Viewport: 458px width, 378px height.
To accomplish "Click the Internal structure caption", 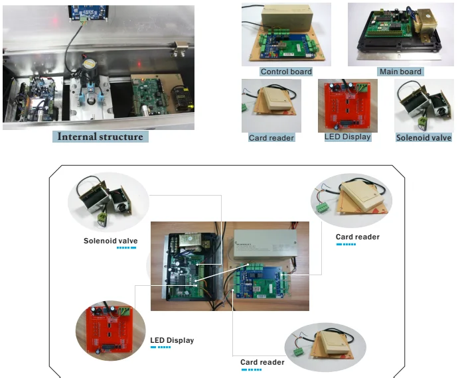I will (100, 137).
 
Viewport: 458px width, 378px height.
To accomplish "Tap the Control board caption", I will (286, 72).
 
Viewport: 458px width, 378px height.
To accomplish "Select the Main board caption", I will (400, 72).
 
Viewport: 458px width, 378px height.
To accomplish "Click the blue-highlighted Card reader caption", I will (271, 138).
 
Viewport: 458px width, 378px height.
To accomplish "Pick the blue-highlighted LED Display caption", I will (347, 137).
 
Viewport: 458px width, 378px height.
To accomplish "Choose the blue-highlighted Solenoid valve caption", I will (423, 138).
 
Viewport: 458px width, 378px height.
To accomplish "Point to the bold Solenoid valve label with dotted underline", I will (110, 241).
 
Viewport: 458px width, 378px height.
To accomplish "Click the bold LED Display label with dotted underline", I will (172, 340).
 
